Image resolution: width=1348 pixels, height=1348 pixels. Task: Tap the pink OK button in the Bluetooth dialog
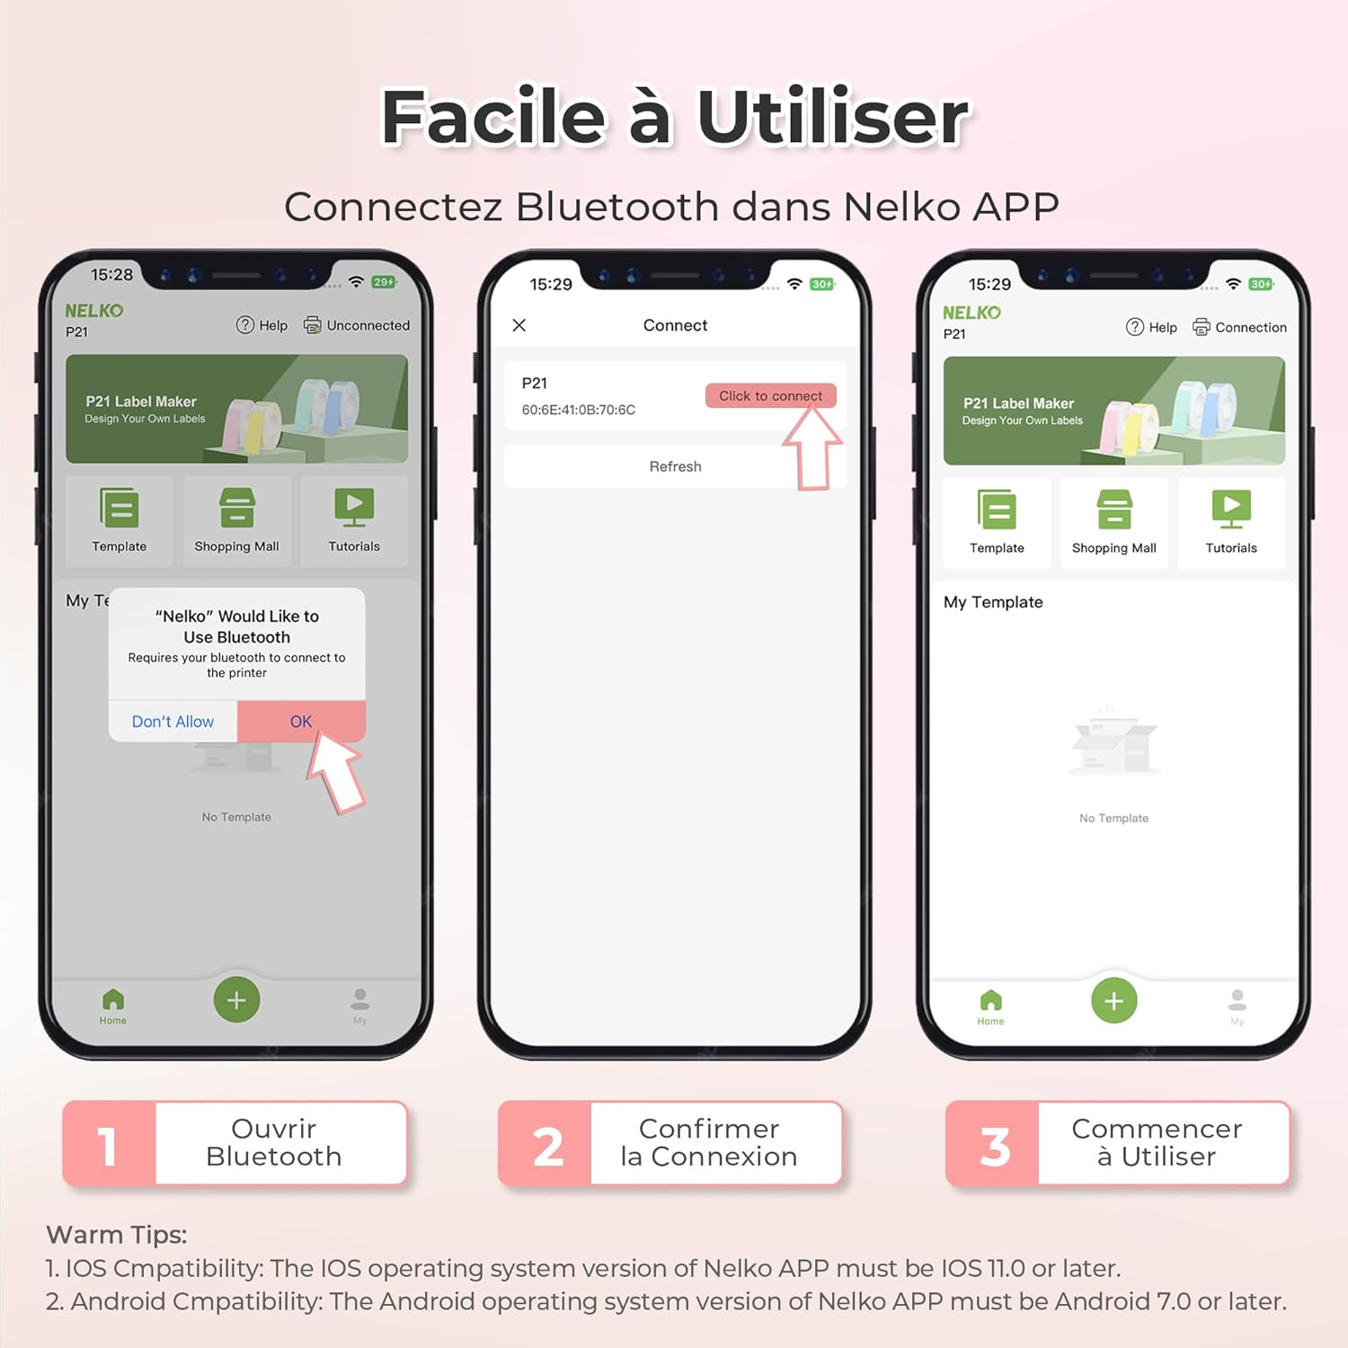click(301, 721)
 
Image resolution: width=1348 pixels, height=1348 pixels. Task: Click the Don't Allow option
click(173, 722)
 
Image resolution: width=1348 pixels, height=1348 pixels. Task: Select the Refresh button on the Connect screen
click(675, 466)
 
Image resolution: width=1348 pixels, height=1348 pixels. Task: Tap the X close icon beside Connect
click(519, 325)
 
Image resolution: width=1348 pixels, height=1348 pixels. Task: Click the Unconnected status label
click(368, 325)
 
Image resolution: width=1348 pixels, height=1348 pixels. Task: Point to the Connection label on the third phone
click(1251, 327)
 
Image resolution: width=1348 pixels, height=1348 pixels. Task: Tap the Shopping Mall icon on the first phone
click(237, 508)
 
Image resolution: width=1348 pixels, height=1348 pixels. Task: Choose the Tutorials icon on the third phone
click(1231, 510)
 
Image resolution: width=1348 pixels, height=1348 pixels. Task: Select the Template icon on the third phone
click(997, 510)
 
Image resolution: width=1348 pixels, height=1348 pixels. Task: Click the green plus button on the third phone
click(1114, 1000)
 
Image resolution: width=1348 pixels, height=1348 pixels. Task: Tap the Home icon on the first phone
click(113, 999)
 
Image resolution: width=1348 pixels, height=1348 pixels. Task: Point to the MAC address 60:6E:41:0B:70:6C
click(579, 410)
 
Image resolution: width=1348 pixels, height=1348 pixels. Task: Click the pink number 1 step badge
click(109, 1143)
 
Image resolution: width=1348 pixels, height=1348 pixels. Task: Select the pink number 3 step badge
click(993, 1143)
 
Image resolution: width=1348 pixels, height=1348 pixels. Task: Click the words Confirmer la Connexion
click(709, 1142)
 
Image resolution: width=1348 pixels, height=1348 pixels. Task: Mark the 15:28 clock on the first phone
click(111, 275)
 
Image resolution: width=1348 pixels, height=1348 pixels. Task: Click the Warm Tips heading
click(117, 1235)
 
